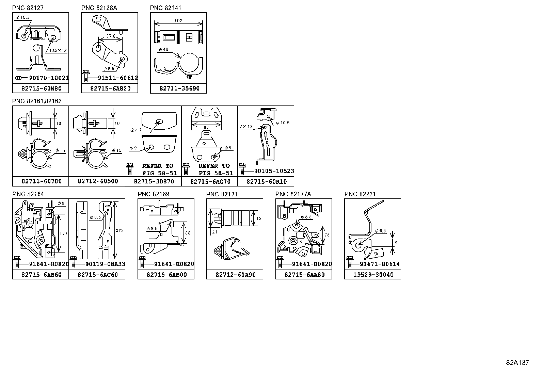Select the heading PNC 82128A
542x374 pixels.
tap(99, 8)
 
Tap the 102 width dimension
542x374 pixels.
tap(178, 21)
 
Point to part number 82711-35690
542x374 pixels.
tap(179, 88)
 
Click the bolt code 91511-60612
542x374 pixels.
tap(117, 78)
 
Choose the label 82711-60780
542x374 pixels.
tap(42, 181)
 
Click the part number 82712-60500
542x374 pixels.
tap(98, 181)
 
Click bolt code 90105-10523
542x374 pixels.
tap(274, 171)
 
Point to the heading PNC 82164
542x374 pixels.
tap(28, 194)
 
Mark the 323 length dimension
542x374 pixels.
tap(119, 230)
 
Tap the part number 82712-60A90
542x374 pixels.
tap(235, 275)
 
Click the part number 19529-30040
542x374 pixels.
tap(373, 275)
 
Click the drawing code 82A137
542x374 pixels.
tap(517, 363)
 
